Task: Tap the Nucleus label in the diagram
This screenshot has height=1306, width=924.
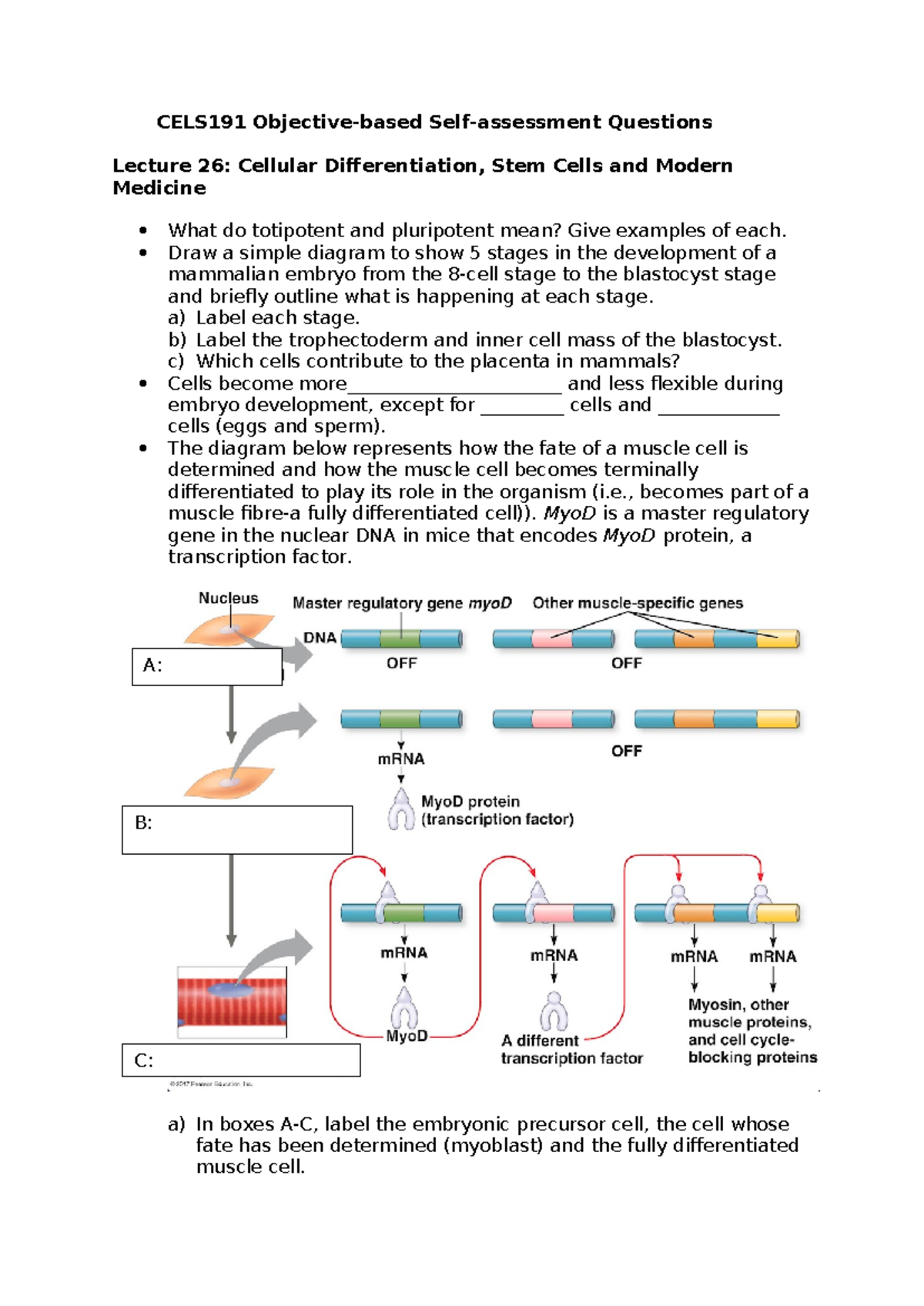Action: pyautogui.click(x=228, y=598)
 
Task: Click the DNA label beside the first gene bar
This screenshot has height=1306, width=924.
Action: pyautogui.click(x=320, y=638)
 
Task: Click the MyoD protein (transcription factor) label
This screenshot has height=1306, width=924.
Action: pyautogui.click(x=497, y=811)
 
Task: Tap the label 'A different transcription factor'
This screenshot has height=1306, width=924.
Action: pyautogui.click(x=571, y=1050)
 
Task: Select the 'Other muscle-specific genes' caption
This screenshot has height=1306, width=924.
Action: pyautogui.click(x=638, y=603)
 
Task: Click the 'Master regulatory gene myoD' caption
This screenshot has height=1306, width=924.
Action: pyautogui.click(x=401, y=603)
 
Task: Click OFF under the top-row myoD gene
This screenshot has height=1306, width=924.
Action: pyautogui.click(x=401, y=663)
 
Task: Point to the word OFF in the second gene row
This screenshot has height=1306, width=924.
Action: pyautogui.click(x=626, y=751)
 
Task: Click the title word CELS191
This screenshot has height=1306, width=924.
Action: pyautogui.click(x=202, y=122)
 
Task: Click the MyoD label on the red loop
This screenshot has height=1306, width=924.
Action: pyautogui.click(x=407, y=1036)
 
